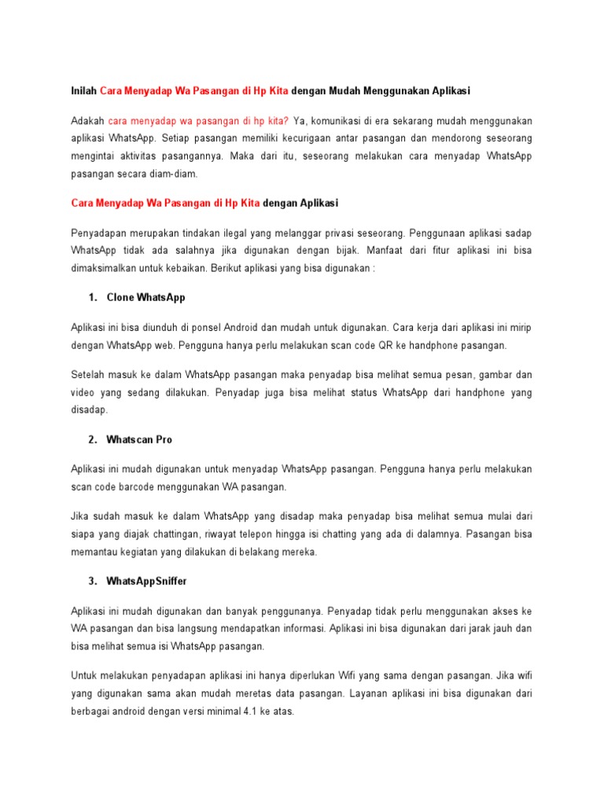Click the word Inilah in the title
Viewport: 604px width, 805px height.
84,91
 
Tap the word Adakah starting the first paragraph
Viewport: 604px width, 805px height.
87,121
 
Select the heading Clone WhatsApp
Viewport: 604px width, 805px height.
145,298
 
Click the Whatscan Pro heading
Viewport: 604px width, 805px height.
139,439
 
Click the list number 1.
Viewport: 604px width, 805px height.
93,298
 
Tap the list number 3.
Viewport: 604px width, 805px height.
93,581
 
